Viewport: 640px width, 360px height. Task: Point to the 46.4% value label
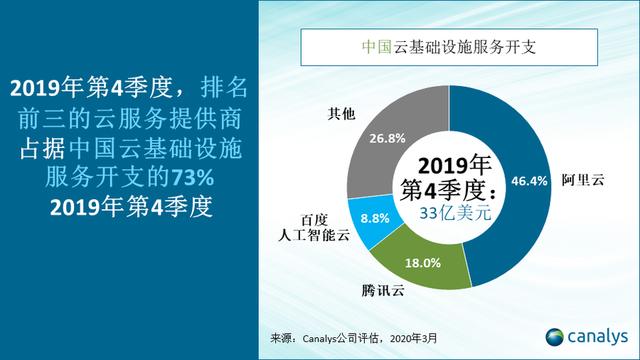(x=529, y=181)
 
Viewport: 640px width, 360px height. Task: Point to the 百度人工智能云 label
(x=311, y=226)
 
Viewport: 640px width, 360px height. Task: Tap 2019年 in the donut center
(x=456, y=163)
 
